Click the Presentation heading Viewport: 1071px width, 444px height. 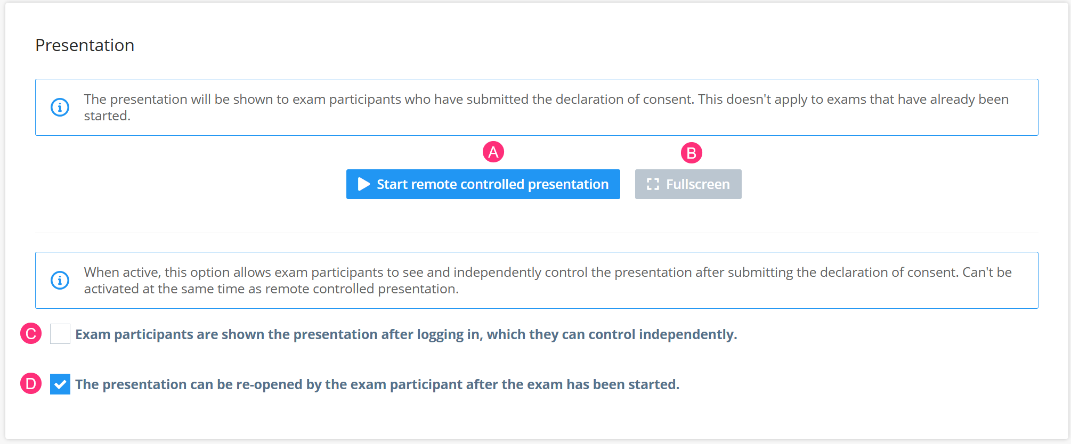coord(85,45)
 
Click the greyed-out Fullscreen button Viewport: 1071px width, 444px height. coord(688,184)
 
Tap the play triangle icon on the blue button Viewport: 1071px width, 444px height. coord(364,184)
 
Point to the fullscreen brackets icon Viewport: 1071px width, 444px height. coord(653,184)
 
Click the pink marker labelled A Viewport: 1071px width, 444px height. coord(493,152)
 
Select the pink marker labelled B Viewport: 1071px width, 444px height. coord(691,153)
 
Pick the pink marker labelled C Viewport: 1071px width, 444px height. coord(31,334)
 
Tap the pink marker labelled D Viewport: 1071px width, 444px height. coord(31,384)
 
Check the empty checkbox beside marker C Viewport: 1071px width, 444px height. coord(60,334)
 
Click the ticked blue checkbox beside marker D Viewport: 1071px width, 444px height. coord(60,384)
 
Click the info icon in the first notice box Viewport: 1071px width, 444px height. coord(60,107)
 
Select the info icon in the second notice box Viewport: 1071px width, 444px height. coord(60,280)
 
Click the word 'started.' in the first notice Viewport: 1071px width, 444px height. coord(107,116)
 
